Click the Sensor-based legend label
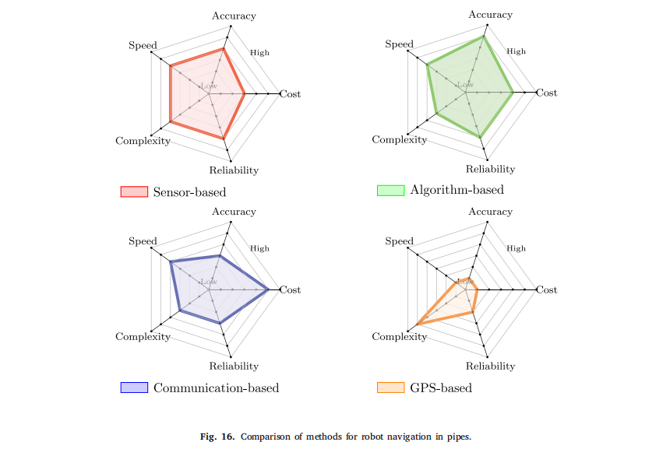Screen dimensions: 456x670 [189, 191]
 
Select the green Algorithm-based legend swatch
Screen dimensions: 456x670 [390, 190]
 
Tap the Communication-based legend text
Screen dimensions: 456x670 [216, 388]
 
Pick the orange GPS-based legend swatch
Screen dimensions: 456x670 [390, 388]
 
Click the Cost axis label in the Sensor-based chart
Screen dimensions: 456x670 [291, 94]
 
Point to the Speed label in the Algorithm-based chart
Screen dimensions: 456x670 [399, 44]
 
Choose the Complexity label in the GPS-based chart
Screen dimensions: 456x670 [399, 336]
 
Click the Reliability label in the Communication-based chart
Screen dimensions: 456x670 [234, 366]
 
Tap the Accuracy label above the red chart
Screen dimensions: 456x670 [234, 16]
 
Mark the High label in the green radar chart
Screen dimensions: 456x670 [516, 51]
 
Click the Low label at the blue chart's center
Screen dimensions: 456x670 [209, 282]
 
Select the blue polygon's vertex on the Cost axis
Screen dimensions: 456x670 [269, 289]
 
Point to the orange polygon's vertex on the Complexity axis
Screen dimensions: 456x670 [418, 323]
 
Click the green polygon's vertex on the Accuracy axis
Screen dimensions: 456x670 [484, 36]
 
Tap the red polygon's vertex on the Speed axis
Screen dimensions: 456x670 [170, 66]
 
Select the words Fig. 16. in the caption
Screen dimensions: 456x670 [217, 437]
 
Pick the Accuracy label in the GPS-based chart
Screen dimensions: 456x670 [490, 212]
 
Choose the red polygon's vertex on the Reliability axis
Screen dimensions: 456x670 [224, 139]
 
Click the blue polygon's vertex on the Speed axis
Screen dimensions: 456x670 [170, 261]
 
